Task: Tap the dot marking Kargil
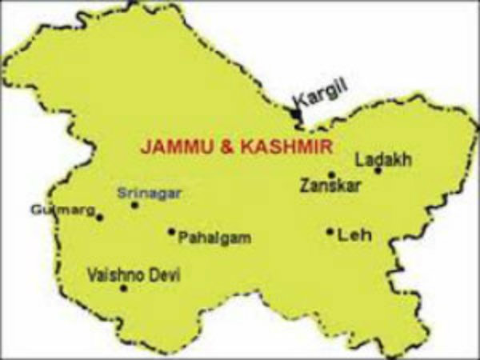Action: (298, 117)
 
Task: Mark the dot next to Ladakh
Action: (378, 170)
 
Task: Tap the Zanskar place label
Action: (330, 186)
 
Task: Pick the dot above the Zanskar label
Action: (331, 174)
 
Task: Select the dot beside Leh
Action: (330, 232)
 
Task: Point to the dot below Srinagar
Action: (134, 205)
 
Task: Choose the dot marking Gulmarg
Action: (100, 217)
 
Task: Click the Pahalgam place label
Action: (214, 238)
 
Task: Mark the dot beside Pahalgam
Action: (171, 232)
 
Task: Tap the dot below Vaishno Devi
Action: (123, 288)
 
